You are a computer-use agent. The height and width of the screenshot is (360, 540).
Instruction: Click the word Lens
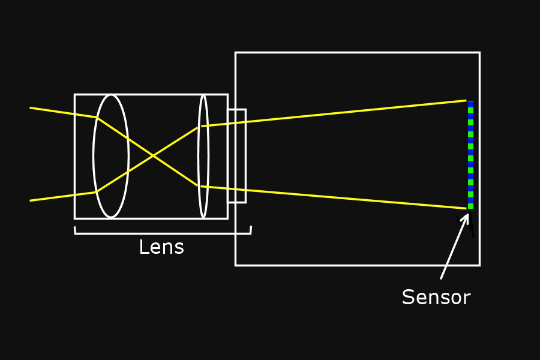pyautogui.click(x=161, y=247)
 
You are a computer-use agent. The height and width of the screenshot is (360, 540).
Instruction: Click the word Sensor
pyautogui.click(x=436, y=297)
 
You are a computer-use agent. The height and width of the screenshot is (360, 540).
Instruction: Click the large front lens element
pyautogui.click(x=111, y=156)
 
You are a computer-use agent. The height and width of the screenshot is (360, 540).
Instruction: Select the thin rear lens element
pyautogui.click(x=203, y=156)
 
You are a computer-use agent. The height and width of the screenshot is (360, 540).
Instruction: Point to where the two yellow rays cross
pyautogui.click(x=154, y=155)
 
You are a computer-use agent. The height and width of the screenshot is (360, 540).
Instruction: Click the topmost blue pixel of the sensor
pyautogui.click(x=470, y=104)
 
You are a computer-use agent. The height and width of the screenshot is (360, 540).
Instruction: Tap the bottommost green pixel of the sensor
pyautogui.click(x=470, y=206)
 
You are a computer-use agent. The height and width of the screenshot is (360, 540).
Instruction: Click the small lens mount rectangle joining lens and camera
pyautogui.click(x=236, y=156)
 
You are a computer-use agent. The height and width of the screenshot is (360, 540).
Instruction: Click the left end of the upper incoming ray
pyautogui.click(x=31, y=108)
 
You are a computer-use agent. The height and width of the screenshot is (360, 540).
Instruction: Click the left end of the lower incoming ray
pyautogui.click(x=31, y=200)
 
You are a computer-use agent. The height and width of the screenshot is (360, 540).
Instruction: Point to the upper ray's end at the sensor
pyautogui.click(x=466, y=101)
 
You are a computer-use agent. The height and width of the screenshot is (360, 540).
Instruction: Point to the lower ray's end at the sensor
pyautogui.click(x=466, y=208)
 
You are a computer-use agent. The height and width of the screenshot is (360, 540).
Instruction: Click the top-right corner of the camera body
pyautogui.click(x=479, y=53)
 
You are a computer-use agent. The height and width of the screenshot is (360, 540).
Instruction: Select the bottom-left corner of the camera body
pyautogui.click(x=236, y=265)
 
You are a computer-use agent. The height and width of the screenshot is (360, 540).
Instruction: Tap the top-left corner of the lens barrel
pyautogui.click(x=75, y=95)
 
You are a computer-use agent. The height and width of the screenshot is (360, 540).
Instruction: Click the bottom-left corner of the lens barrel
pyautogui.click(x=75, y=218)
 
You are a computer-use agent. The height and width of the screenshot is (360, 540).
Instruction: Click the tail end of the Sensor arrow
pyautogui.click(x=441, y=278)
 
